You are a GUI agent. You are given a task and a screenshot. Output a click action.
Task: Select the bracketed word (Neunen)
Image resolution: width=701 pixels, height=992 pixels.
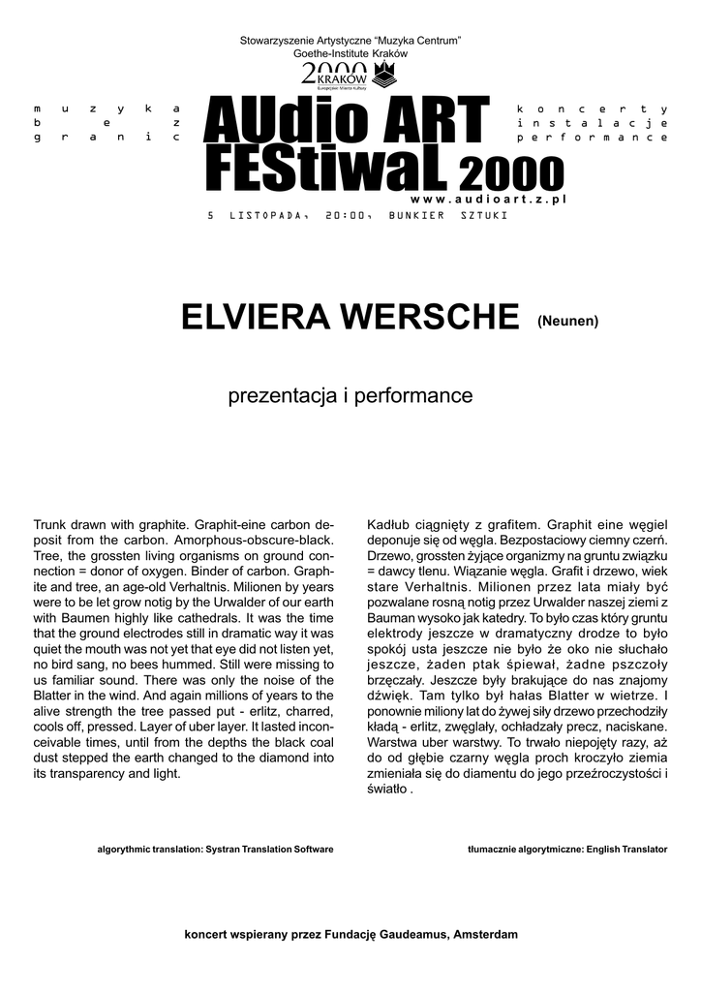point(568,320)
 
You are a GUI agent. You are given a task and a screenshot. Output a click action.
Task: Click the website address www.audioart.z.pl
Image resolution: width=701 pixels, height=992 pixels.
point(503,198)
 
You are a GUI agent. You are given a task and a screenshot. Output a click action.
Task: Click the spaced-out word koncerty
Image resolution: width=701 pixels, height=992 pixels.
point(593,108)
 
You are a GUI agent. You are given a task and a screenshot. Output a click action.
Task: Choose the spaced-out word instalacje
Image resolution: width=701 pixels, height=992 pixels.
point(593,123)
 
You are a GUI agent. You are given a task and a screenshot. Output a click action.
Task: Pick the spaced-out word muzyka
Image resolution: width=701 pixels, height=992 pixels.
point(107,108)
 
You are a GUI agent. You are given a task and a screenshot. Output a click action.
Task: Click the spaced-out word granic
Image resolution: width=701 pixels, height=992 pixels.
point(107,139)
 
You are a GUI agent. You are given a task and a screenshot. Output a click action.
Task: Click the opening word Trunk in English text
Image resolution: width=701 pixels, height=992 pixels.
point(52,523)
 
